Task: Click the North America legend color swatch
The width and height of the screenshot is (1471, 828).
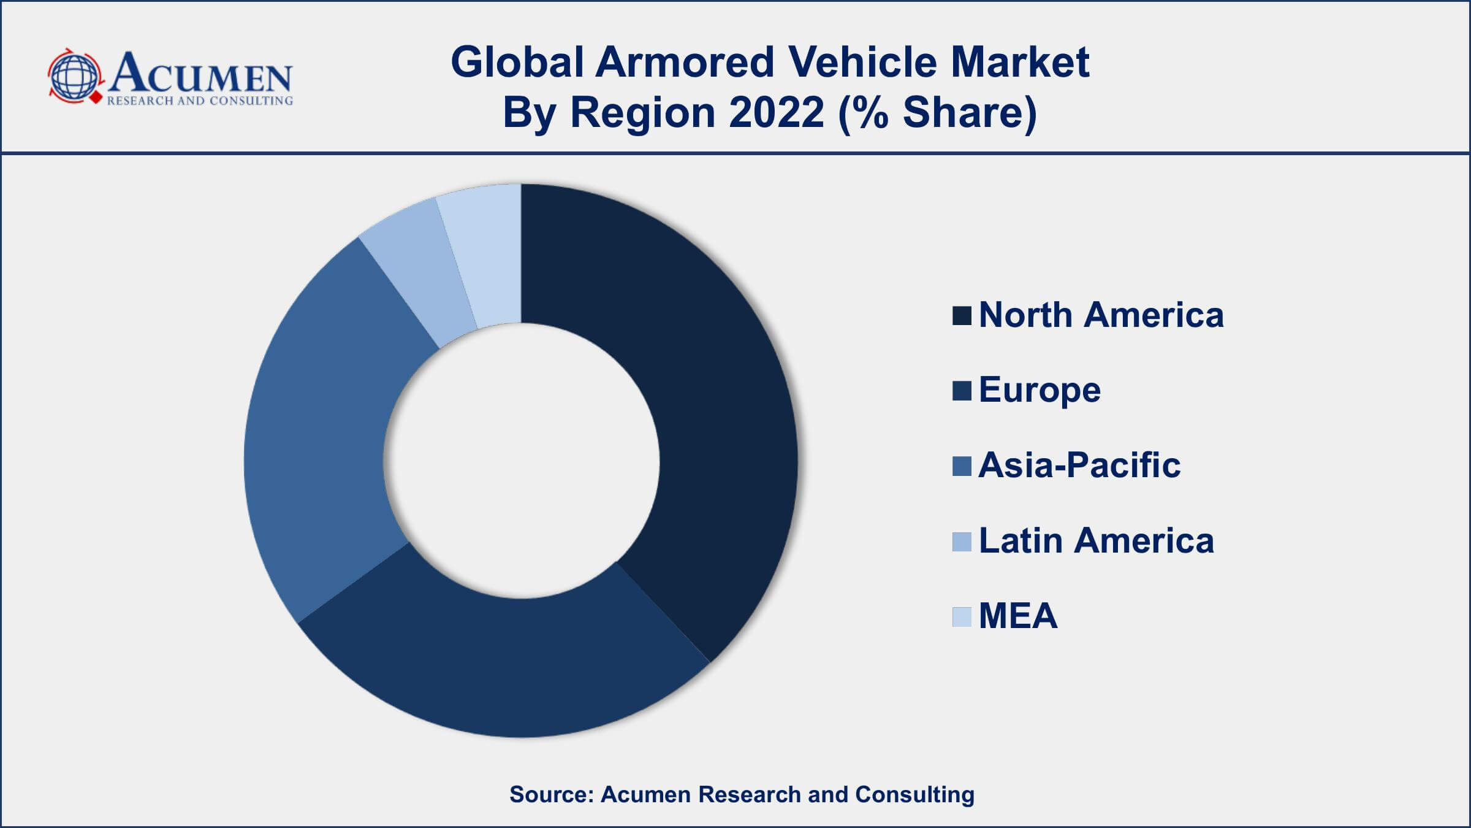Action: click(962, 316)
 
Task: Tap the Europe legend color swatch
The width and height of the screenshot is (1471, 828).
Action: click(962, 391)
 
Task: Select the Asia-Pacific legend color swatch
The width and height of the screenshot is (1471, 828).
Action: click(962, 466)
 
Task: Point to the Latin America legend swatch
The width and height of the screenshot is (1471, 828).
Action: click(962, 542)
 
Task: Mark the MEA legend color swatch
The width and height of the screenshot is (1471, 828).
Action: click(962, 616)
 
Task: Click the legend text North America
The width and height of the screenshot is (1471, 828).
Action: click(1101, 315)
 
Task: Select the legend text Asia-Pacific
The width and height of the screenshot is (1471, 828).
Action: click(1079, 465)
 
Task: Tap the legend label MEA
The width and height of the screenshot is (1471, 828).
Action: click(1018, 616)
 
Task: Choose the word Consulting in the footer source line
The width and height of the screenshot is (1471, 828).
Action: click(914, 794)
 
